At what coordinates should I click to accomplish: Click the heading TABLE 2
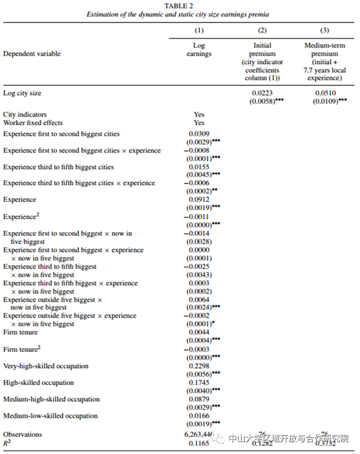pos(179,6)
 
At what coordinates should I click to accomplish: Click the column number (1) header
pos(199,31)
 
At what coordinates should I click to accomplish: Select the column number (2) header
pos(262,31)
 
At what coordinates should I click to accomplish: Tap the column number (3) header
pos(324,31)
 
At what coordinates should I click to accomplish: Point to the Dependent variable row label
pos(32,54)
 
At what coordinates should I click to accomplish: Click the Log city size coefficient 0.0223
pos(262,93)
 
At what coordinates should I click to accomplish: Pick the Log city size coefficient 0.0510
pos(324,93)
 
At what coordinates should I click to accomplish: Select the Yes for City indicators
pos(199,114)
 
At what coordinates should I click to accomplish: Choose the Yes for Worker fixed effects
pos(199,122)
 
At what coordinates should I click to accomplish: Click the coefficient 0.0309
pos(199,133)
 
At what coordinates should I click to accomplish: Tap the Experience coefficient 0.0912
pos(199,199)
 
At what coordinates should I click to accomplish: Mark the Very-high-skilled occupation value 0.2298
pos(199,366)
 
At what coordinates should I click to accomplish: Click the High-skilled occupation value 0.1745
pos(199,383)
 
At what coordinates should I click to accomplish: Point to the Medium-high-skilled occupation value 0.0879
pos(199,399)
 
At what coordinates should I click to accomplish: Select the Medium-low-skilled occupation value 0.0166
pos(199,416)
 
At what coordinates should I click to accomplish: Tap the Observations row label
pos(23,434)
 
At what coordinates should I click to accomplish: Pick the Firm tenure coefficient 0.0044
pos(199,333)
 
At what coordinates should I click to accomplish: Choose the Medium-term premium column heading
pos(324,54)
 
